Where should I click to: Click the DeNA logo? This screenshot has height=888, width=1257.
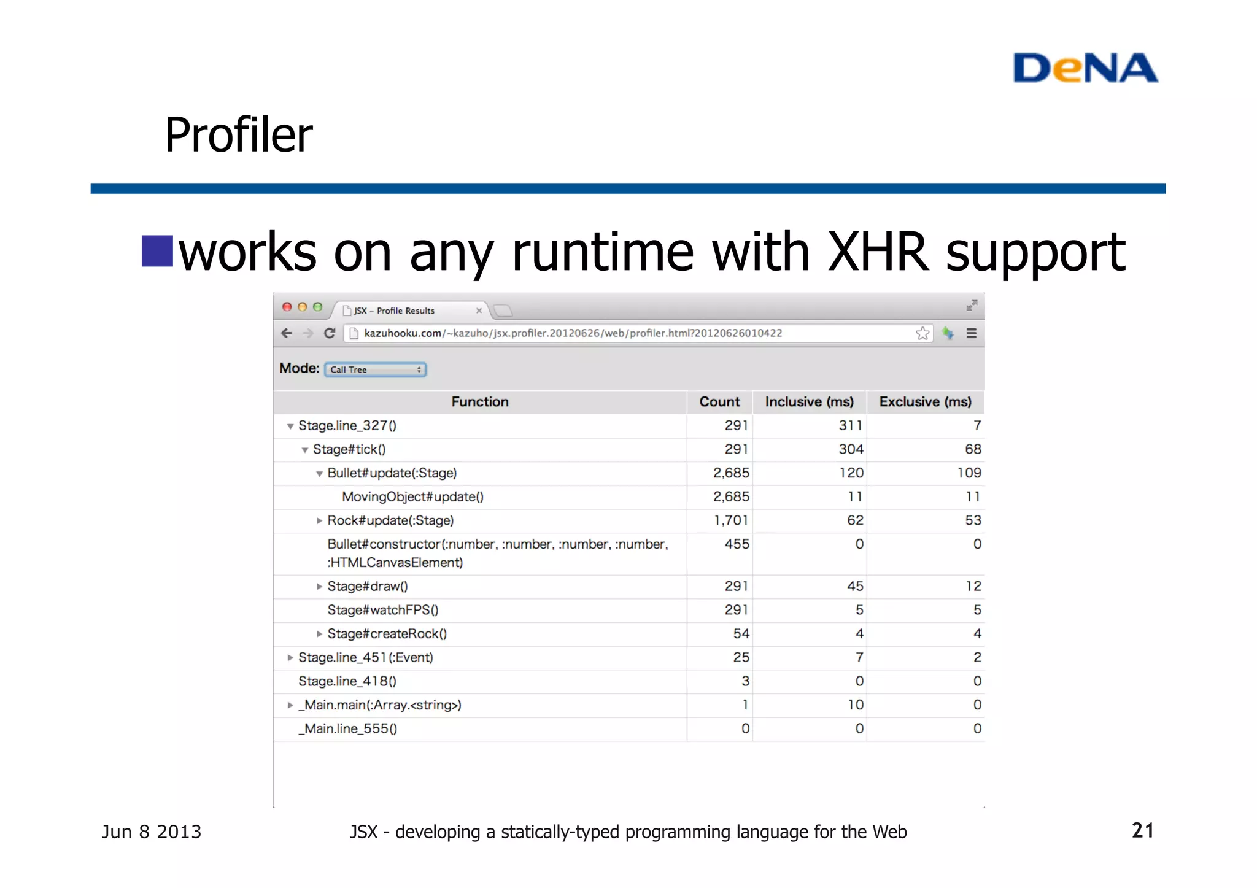pyautogui.click(x=1085, y=68)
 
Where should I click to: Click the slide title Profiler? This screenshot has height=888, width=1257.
pyautogui.click(x=239, y=135)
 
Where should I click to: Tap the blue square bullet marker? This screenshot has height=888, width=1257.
pyautogui.click(x=157, y=251)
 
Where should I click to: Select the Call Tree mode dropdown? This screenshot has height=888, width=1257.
pyautogui.click(x=375, y=369)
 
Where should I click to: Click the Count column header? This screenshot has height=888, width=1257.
pyautogui.click(x=719, y=402)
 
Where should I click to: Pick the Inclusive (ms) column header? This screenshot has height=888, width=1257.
pyautogui.click(x=809, y=402)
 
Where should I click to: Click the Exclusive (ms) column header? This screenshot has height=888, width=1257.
pyautogui.click(x=925, y=402)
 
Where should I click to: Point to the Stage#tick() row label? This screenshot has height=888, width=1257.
pyautogui.click(x=349, y=449)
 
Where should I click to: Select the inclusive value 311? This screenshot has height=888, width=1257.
pyautogui.click(x=851, y=425)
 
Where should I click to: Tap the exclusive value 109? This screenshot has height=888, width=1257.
pyautogui.click(x=969, y=473)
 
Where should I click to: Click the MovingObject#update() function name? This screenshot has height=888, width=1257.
pyautogui.click(x=412, y=496)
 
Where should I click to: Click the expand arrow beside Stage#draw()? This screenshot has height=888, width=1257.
pyautogui.click(x=319, y=587)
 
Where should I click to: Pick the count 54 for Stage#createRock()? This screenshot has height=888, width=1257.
pyautogui.click(x=741, y=634)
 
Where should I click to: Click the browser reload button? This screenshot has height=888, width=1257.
pyautogui.click(x=330, y=333)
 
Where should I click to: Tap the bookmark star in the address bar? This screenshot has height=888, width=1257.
pyautogui.click(x=922, y=333)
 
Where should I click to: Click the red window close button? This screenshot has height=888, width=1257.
pyautogui.click(x=287, y=307)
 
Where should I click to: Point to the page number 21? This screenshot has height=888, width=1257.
pyautogui.click(x=1142, y=830)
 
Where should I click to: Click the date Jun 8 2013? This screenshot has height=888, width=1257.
pyautogui.click(x=152, y=832)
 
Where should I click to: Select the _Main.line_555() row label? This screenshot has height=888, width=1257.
pyautogui.click(x=347, y=728)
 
